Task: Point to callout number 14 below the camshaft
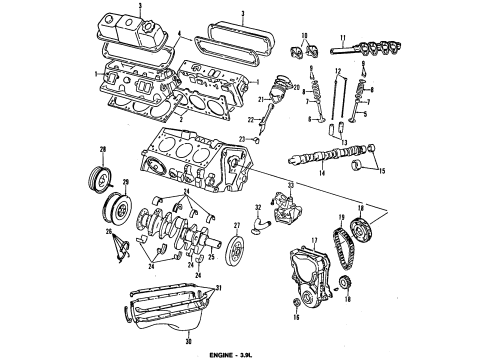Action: point(322,175)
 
